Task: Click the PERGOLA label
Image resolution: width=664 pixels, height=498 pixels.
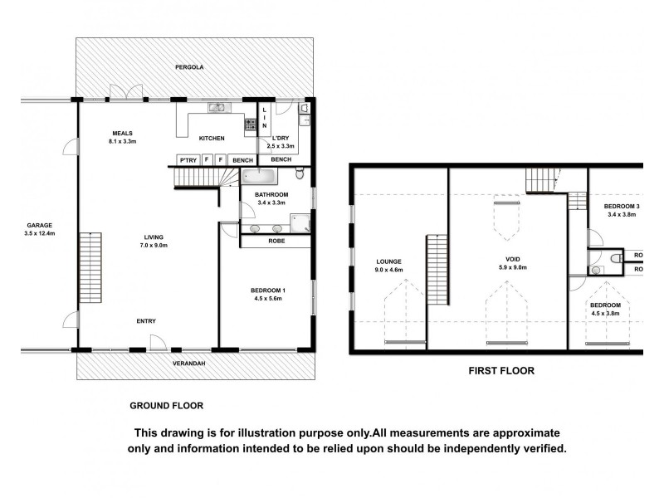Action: pos(189,66)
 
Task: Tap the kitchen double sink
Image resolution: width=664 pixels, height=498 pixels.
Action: pos(217,107)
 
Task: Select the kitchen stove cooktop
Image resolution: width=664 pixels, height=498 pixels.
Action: pos(249,125)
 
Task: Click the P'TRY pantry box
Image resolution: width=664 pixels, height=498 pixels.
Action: pos(187,159)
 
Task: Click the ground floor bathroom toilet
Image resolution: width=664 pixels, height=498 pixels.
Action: pos(300,173)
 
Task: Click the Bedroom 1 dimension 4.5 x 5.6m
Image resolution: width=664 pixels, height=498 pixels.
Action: pos(268,300)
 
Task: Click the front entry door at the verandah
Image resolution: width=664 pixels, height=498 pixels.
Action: pos(157,341)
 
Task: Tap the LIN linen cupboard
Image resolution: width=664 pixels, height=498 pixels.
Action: pos(265,122)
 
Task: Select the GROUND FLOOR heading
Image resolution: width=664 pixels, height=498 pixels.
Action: pos(166,406)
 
